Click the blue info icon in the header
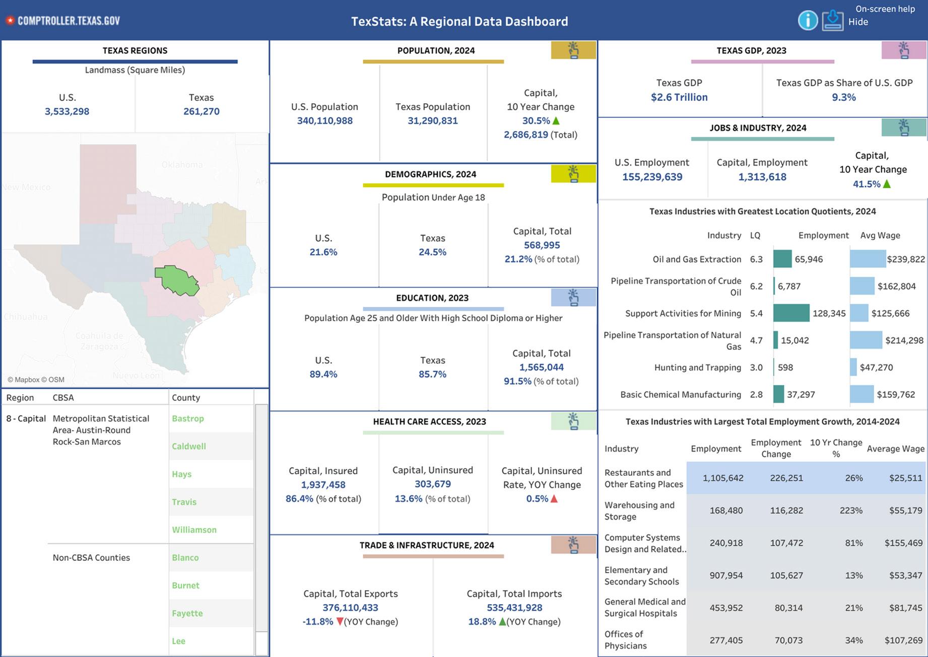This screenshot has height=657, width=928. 808,21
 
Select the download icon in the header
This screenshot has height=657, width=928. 833,21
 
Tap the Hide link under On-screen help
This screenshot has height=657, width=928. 858,22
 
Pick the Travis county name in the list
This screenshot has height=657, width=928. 184,502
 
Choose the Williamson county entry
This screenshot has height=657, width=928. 194,530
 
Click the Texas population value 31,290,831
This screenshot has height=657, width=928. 433,121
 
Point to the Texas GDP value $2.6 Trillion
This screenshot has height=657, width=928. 679,97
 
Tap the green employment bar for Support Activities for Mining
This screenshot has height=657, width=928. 791,313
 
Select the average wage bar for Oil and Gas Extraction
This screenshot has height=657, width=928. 868,259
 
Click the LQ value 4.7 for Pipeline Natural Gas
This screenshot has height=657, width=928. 756,340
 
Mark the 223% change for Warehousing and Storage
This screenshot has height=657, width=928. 851,510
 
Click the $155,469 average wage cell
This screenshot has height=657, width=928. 903,543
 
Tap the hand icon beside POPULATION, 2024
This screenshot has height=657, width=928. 573,50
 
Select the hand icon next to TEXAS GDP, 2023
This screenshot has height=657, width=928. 904,50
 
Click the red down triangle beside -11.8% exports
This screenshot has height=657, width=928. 340,622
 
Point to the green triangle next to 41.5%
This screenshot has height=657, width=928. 887,184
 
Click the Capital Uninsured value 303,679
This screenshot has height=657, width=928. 432,484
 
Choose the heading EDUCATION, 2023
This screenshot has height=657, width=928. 432,298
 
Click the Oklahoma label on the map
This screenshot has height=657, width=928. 182,165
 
